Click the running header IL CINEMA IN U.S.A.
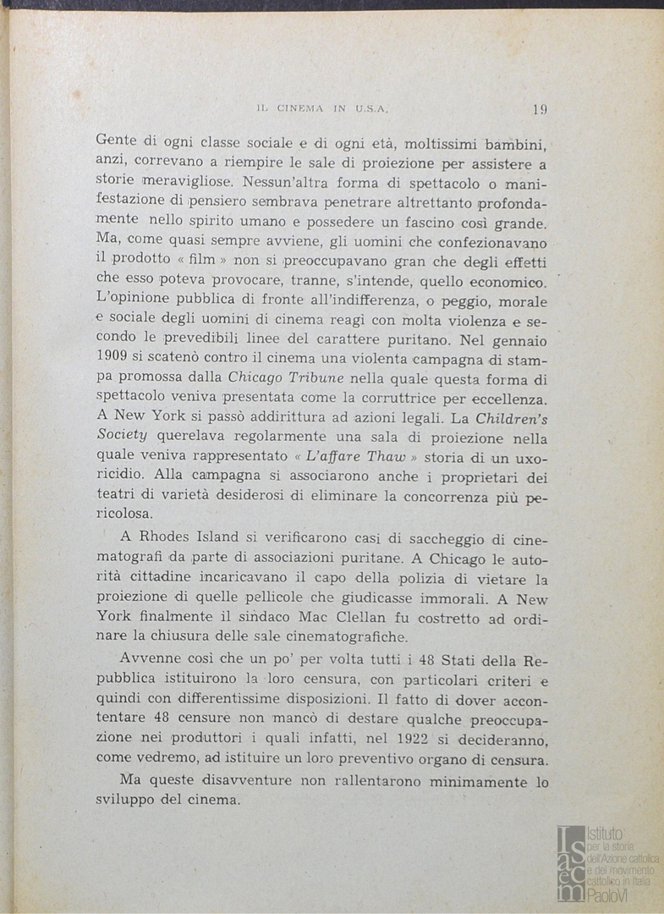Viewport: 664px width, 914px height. tap(321, 109)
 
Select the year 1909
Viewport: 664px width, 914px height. tap(113, 359)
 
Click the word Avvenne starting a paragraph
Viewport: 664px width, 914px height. tap(150, 659)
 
